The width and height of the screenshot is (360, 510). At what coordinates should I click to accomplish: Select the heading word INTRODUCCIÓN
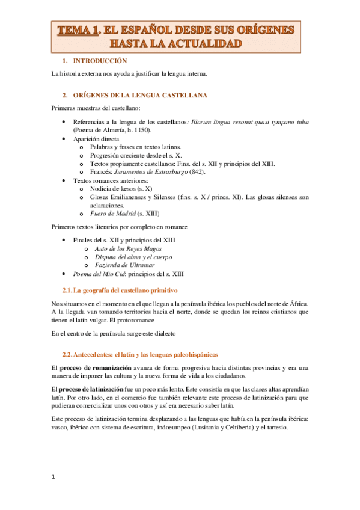101,61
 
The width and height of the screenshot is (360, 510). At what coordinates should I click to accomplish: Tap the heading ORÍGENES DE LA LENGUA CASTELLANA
140,96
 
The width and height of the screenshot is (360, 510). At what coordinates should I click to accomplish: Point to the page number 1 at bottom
53,477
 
